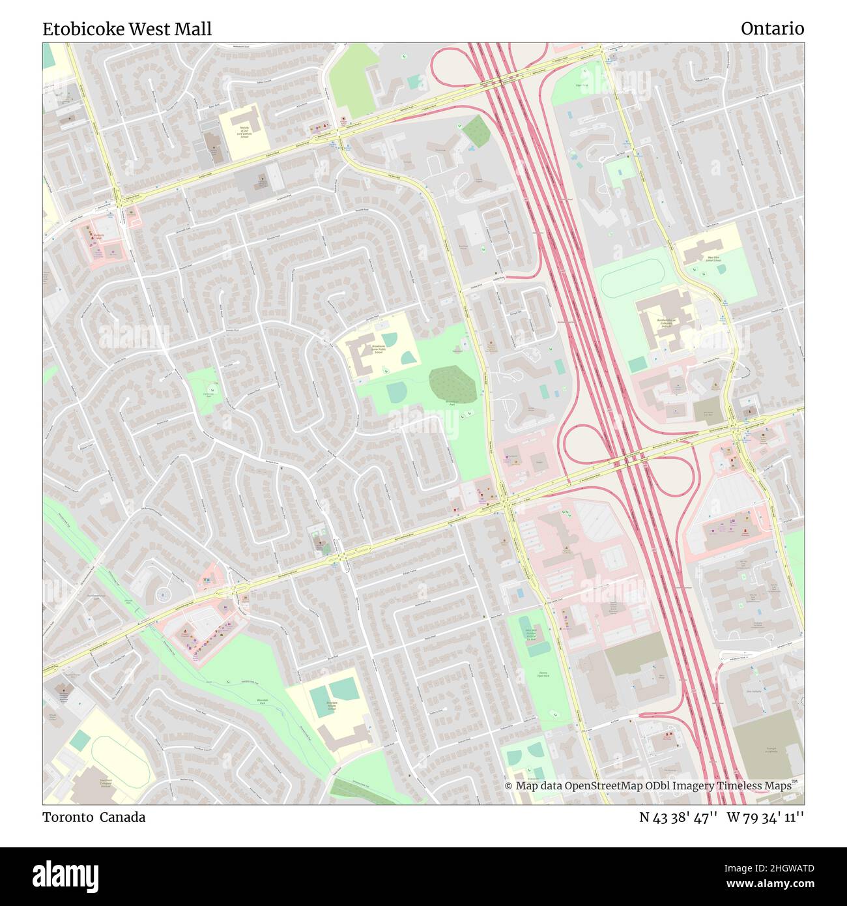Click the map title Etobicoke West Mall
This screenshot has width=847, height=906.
(x=127, y=29)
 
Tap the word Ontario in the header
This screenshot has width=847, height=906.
(x=772, y=29)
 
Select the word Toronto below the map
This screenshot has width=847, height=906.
(x=68, y=817)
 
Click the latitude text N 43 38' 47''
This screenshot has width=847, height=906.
(x=678, y=817)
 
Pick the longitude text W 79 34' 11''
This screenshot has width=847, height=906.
(x=765, y=817)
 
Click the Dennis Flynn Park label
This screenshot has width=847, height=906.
(x=544, y=675)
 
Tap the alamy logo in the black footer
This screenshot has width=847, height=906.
(x=65, y=875)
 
